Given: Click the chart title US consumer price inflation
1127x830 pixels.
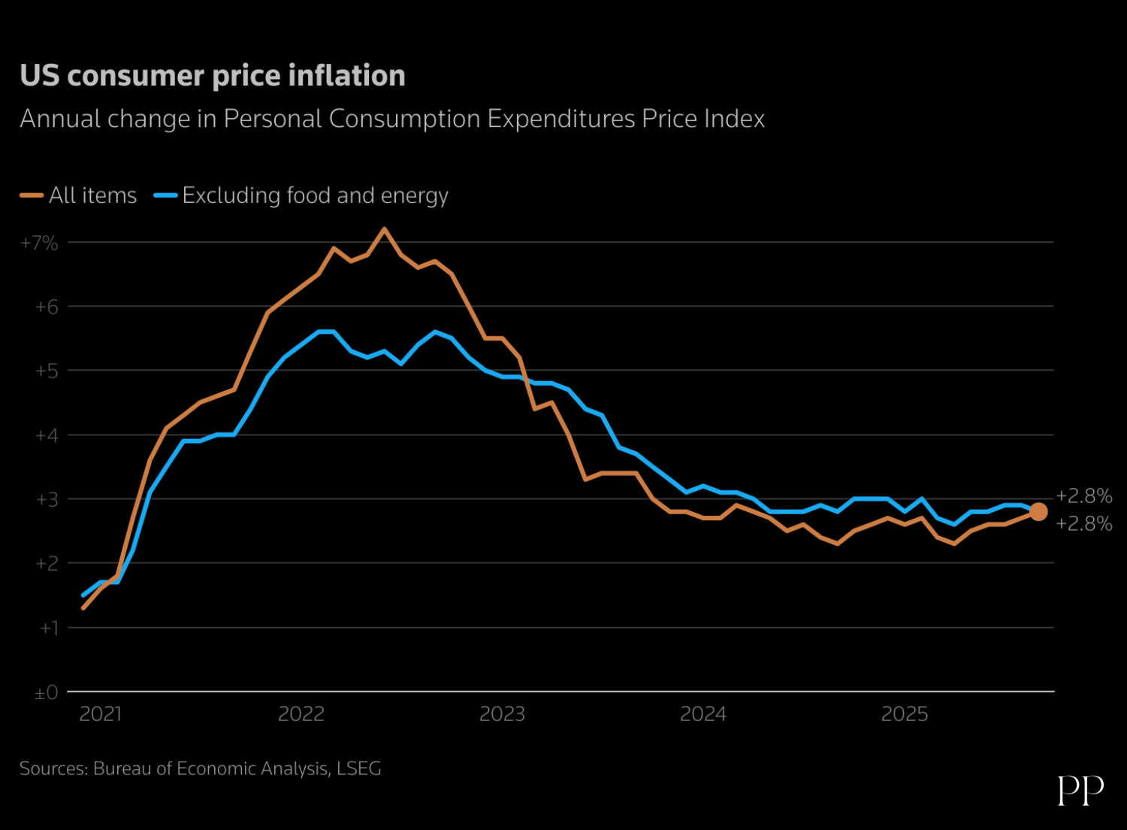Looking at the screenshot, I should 213,76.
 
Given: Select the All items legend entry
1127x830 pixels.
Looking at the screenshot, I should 79,195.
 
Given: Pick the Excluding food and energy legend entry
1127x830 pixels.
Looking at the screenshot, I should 301,195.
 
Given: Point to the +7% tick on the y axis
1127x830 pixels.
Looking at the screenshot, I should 39,243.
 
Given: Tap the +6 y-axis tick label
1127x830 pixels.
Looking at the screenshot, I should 46,307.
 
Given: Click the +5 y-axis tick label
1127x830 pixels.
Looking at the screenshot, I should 46,371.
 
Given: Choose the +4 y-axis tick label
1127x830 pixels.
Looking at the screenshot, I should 46,435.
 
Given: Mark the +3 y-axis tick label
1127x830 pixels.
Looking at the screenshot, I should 46,499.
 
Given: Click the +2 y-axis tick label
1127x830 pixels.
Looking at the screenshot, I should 46,563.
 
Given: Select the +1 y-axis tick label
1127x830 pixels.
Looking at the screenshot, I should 48,628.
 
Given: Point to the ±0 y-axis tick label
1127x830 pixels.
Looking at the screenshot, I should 46,692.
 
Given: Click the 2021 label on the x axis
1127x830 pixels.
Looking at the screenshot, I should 101,713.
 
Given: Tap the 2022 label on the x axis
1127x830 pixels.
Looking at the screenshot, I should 301,713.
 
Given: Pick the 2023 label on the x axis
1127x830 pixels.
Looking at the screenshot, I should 502,713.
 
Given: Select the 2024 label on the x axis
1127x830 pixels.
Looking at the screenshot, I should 703,713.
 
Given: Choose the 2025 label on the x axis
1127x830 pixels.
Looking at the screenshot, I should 905,713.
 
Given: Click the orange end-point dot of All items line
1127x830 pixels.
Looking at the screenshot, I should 1038,511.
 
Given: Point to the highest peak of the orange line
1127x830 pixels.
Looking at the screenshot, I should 385,229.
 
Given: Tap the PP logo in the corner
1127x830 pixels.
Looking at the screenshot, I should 1080,790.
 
